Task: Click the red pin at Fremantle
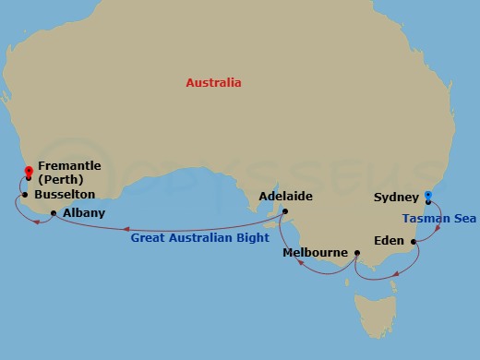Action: pyautogui.click(x=29, y=171)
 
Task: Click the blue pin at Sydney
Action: pyautogui.click(x=427, y=196)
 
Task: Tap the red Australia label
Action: pyautogui.click(x=213, y=83)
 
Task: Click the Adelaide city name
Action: pyautogui.click(x=286, y=197)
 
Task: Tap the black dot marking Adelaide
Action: pyautogui.click(x=285, y=211)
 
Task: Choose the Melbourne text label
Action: pyautogui.click(x=316, y=252)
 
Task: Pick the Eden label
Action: pyautogui.click(x=388, y=241)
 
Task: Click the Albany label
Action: pyautogui.click(x=84, y=212)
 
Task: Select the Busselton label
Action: pyautogui.click(x=65, y=196)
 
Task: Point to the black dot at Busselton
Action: pyautogui.click(x=24, y=195)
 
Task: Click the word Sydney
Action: pyautogui.click(x=396, y=198)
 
